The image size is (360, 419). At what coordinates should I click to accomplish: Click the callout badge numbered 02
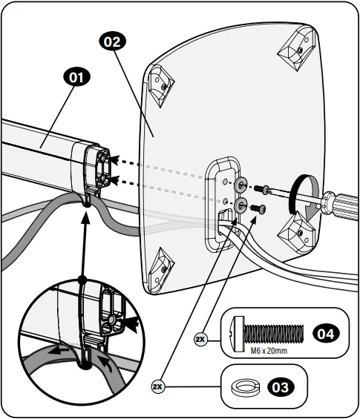(x=111, y=42)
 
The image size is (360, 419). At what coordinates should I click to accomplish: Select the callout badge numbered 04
(x=325, y=334)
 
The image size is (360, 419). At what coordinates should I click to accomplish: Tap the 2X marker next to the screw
(x=200, y=339)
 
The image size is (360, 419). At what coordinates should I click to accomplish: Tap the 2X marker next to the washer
(x=157, y=386)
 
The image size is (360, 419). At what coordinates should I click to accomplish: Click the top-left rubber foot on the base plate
(x=160, y=83)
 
